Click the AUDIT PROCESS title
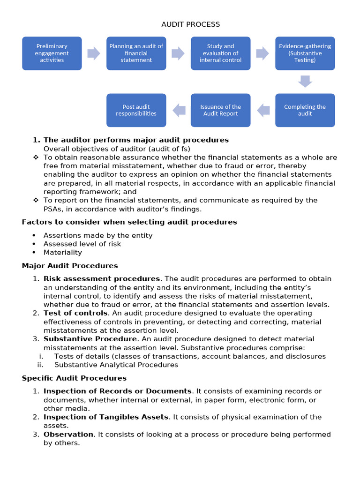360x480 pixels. coord(190,24)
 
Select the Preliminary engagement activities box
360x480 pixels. coord(52,53)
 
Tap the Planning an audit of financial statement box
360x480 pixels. coord(136,53)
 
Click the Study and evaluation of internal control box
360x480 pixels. coord(220,53)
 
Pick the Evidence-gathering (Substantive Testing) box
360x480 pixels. coord(305,53)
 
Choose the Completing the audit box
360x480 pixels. coord(305,110)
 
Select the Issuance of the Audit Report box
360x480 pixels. coord(220,110)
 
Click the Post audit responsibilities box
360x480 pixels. coord(136,110)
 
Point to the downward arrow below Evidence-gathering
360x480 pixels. coord(305,82)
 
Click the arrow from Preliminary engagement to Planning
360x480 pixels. coord(94,53)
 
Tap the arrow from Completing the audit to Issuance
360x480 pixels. coord(263,110)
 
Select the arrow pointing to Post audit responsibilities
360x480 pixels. coord(179,110)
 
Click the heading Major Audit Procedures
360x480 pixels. coord(70,266)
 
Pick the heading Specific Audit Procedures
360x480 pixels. coord(74,378)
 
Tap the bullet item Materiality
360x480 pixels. coord(62,252)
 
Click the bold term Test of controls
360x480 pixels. coord(75,313)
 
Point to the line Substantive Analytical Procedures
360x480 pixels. coord(116,365)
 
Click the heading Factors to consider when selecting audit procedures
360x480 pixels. coord(129,222)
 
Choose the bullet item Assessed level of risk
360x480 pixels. coord(82,244)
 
